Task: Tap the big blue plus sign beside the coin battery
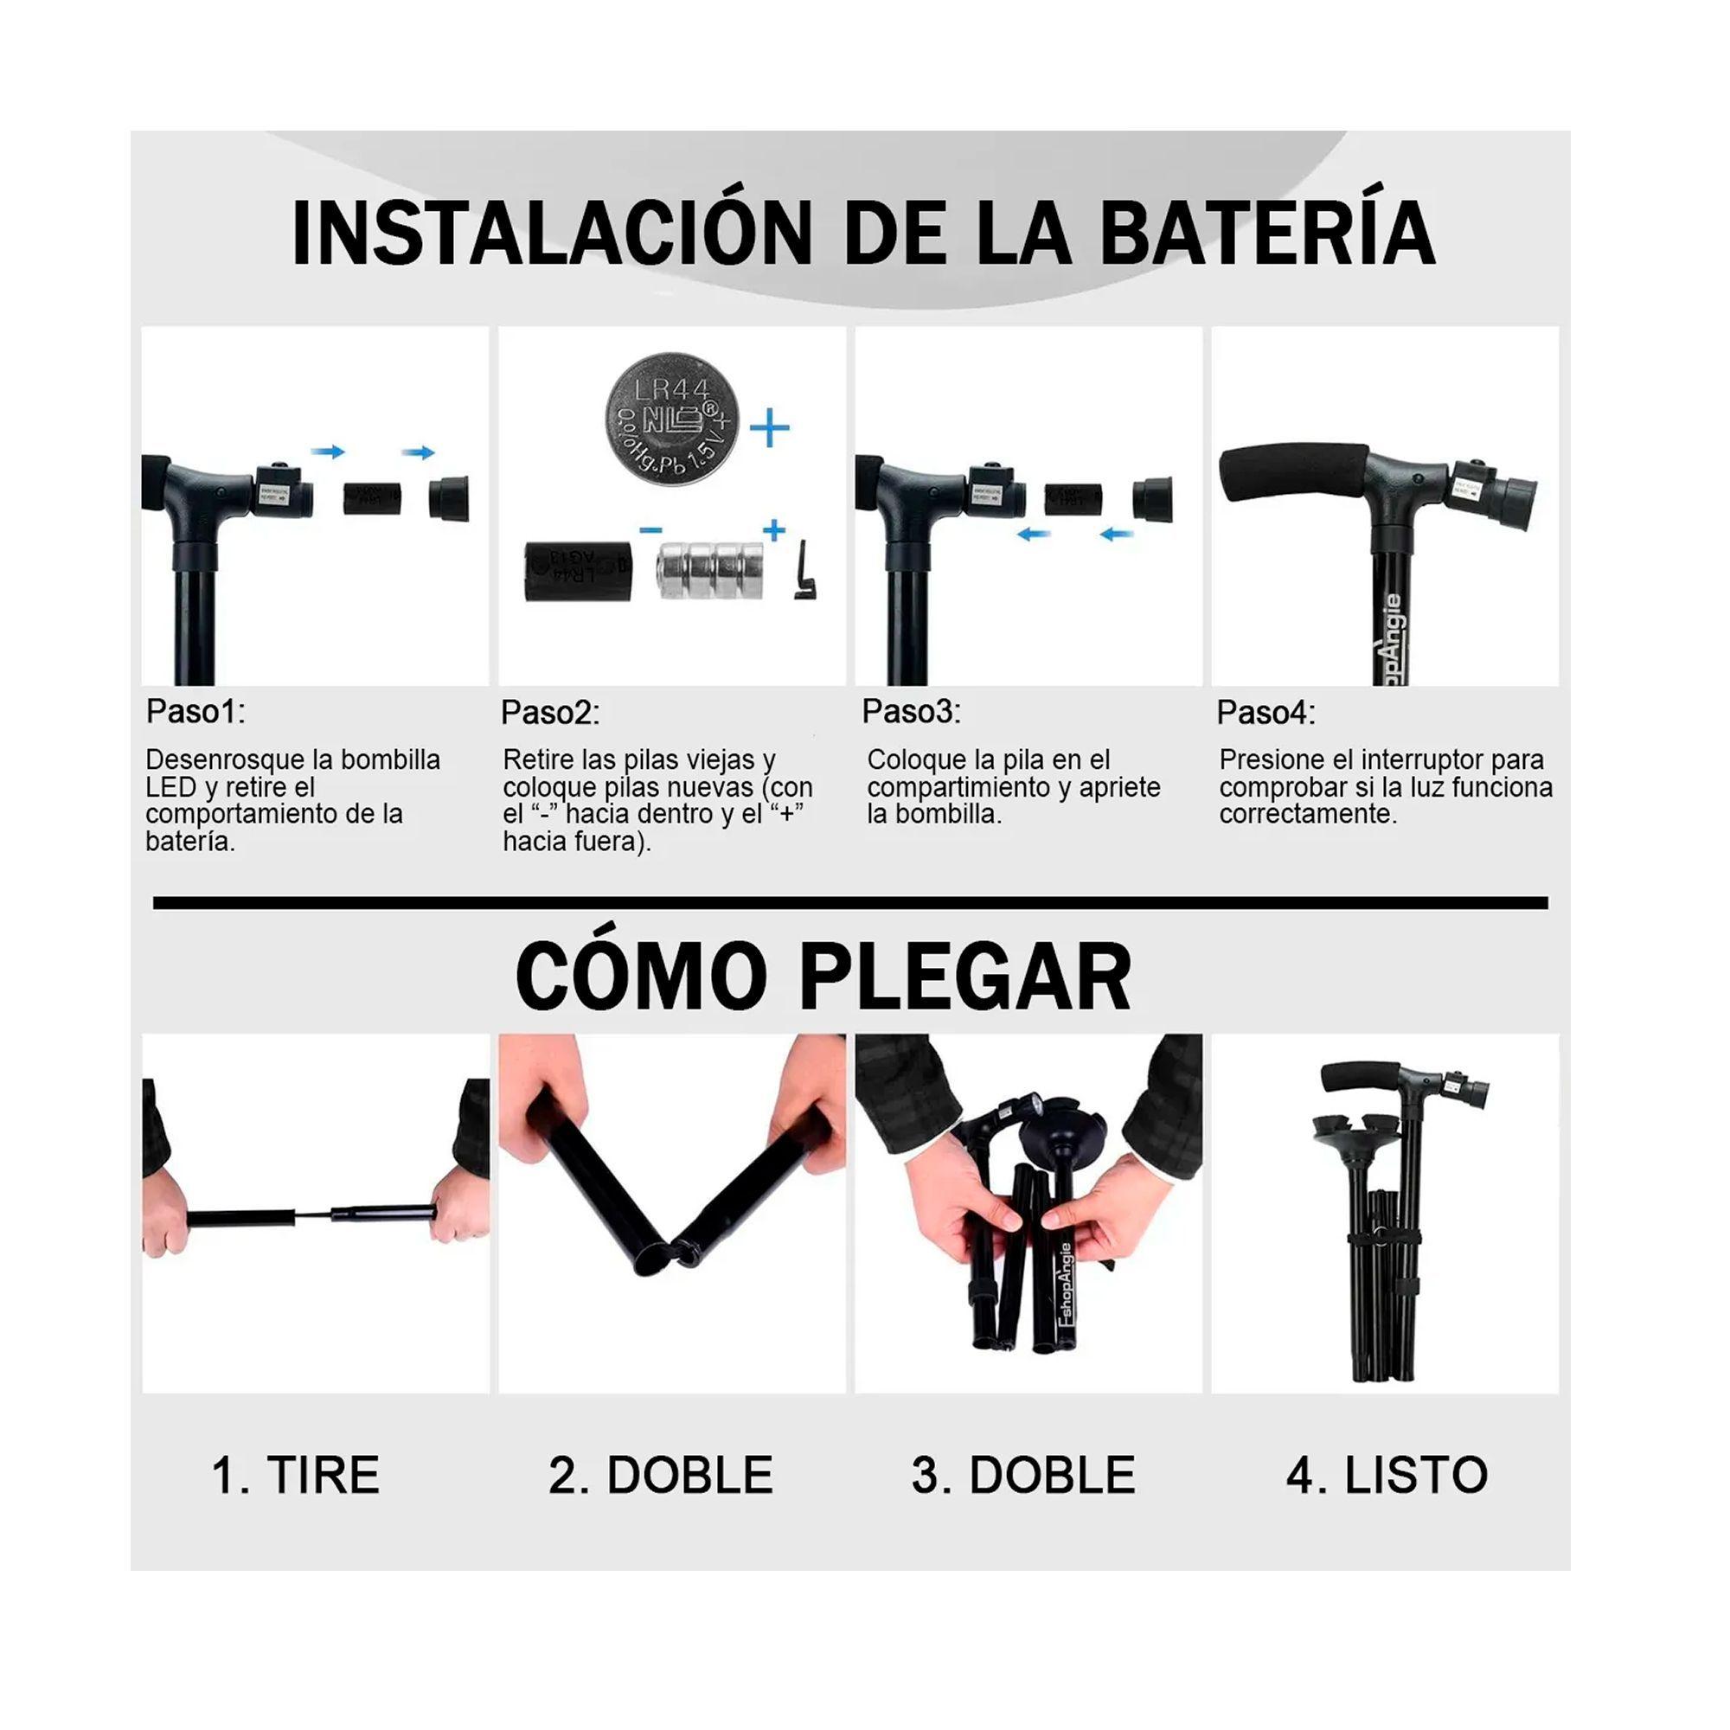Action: [x=769, y=429]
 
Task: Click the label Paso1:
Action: [x=195, y=712]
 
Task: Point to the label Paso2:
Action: [x=550, y=713]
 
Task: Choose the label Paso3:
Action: [x=911, y=712]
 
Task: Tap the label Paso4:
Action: [x=1265, y=713]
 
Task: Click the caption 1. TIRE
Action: [x=296, y=1475]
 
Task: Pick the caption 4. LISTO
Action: [x=1386, y=1475]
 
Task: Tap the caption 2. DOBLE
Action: [x=661, y=1475]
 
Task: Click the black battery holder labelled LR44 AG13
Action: [x=577, y=569]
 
